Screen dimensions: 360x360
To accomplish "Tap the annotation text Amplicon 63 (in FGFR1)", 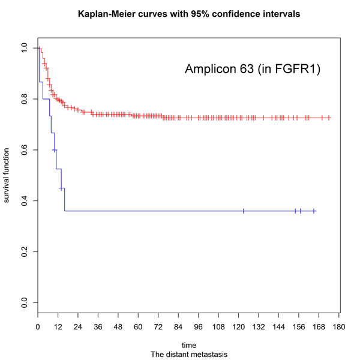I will click(x=253, y=70).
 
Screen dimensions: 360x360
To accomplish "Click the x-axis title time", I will click(x=188, y=345).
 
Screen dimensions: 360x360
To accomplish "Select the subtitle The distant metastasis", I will click(x=188, y=354).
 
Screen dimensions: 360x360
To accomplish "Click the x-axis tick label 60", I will click(x=138, y=327).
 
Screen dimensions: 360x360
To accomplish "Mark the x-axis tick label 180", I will click(x=339, y=327).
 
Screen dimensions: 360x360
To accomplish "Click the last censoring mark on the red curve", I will click(x=329, y=118).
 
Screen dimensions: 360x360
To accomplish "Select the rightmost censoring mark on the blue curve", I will click(x=314, y=211).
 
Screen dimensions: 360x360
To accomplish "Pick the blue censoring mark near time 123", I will click(x=244, y=211).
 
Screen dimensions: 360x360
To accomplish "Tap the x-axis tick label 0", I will click(x=38, y=327).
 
